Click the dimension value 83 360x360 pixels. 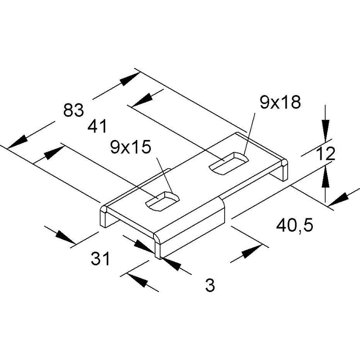coord(73,110)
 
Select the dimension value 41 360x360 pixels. coord(97,126)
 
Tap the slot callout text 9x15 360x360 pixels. coord(130,147)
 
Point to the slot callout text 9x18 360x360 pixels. coord(280,102)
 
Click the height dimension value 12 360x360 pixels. coord(325,154)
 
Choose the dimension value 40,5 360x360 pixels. coord(295,226)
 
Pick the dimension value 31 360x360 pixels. coord(100,258)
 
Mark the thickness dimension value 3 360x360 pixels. coord(210,285)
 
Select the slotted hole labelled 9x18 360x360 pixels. coord(229,163)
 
